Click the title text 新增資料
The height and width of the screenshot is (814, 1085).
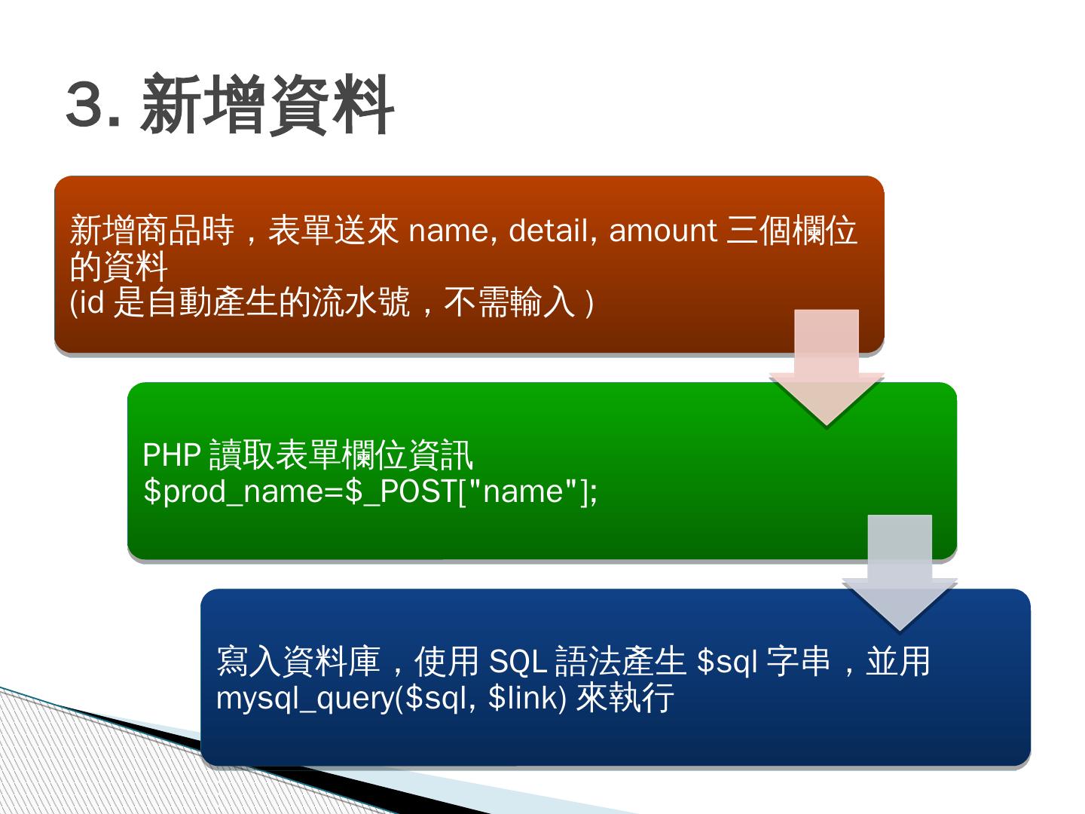(267, 106)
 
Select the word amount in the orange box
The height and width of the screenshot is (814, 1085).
(662, 231)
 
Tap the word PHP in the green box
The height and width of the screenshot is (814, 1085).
(172, 454)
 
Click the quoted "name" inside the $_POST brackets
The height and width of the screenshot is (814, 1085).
(524, 491)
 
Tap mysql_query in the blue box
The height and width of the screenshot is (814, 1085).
(305, 699)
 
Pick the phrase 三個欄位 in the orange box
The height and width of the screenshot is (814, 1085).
(791, 231)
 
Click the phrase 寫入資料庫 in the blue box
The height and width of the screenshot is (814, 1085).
(298, 662)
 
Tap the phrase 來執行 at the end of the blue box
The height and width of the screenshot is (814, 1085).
(625, 698)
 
